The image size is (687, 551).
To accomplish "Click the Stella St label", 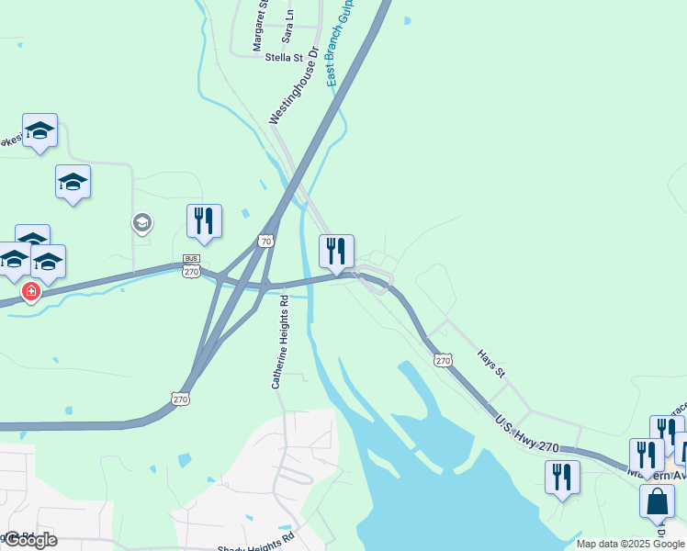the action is click(x=284, y=58).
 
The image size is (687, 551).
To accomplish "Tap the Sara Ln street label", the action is click(x=288, y=28).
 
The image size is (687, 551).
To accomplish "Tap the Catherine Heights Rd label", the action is click(x=280, y=341).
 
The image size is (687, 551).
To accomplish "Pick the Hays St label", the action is click(x=490, y=363).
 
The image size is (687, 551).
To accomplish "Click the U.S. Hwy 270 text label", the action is click(x=526, y=434).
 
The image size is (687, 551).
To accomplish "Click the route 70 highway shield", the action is click(x=266, y=242).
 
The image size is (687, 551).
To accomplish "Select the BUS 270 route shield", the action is click(x=192, y=266).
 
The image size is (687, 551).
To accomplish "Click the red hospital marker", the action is click(x=31, y=291).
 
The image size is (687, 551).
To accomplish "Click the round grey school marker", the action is click(x=141, y=221).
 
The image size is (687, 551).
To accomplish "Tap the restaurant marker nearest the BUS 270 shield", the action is click(x=204, y=220).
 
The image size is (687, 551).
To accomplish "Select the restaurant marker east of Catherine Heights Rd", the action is click(x=336, y=250).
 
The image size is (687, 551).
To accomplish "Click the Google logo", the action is click(x=30, y=540).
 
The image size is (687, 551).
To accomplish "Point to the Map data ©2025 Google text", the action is click(x=630, y=544).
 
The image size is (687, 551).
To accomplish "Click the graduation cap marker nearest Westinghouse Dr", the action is click(x=73, y=182).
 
